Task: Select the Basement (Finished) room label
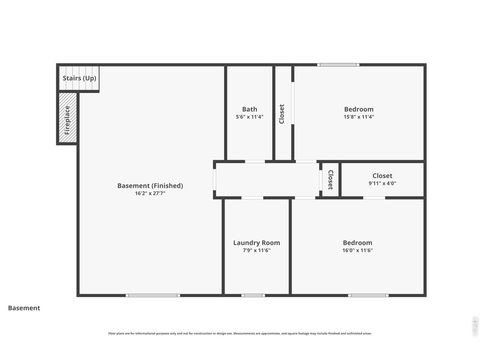(149, 186)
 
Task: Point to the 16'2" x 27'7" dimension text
(149, 194)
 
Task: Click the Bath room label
(250, 109)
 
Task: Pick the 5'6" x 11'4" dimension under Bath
(250, 117)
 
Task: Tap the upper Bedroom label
(359, 109)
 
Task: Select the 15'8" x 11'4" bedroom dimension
(359, 117)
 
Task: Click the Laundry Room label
(256, 243)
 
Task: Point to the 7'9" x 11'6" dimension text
(256, 251)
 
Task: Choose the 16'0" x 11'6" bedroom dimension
(357, 251)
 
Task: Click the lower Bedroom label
(357, 243)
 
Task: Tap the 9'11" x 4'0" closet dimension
(382, 184)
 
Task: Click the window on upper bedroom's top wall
(338, 66)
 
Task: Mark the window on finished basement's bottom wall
(153, 295)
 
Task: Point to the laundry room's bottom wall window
(252, 295)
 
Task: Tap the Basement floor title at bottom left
(24, 308)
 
